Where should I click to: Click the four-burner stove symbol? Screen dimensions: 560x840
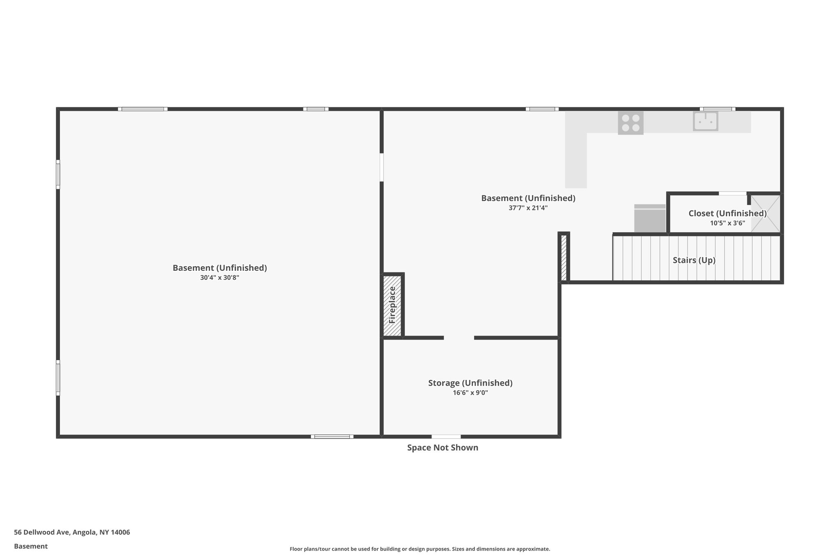[630, 123]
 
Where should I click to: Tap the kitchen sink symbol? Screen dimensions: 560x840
[705, 121]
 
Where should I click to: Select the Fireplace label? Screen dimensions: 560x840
[392, 305]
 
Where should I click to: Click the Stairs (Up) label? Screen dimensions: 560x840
[694, 260]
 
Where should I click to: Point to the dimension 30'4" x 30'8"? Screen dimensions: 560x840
[219, 278]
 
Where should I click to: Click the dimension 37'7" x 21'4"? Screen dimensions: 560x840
[528, 208]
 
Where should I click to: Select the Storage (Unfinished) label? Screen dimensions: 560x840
[470, 383]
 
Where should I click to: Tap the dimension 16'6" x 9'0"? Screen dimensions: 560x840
[470, 393]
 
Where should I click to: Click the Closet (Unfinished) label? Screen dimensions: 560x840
[727, 213]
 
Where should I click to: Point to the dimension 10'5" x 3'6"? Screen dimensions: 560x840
[727, 223]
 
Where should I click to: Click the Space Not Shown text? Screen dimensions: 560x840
[443, 448]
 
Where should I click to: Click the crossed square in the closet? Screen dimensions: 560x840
[765, 214]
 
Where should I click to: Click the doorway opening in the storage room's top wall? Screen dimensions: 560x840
[459, 338]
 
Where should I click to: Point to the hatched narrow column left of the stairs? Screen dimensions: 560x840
[564, 257]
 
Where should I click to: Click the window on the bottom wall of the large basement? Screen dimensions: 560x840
[332, 437]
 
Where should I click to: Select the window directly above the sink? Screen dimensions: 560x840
[717, 109]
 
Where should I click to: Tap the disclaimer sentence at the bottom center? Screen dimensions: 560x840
[420, 549]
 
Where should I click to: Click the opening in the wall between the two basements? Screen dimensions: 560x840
[381, 167]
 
